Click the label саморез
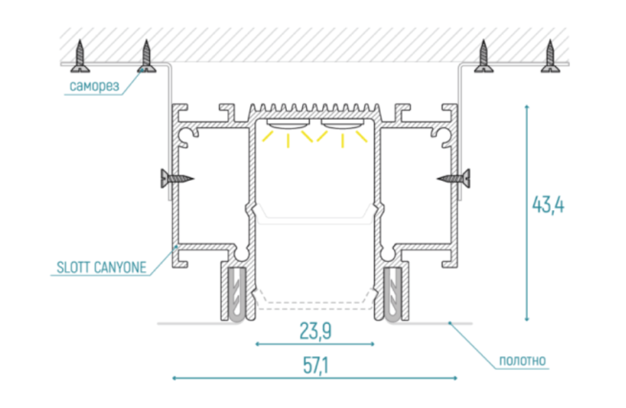click(x=95, y=86)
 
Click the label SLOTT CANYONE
click(x=100, y=268)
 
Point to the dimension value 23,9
click(x=316, y=332)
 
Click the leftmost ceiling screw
click(x=81, y=56)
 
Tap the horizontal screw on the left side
click(x=175, y=179)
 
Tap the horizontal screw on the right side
click(x=455, y=179)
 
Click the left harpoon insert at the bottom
click(x=235, y=294)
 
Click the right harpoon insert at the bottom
click(x=393, y=294)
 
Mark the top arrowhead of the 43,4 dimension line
click(x=527, y=106)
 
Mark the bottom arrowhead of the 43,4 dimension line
click(x=527, y=318)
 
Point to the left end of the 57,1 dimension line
click(x=174, y=377)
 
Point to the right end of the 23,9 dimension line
click(x=373, y=344)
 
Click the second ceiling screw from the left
click(x=146, y=56)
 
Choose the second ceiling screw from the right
click(x=484, y=56)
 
